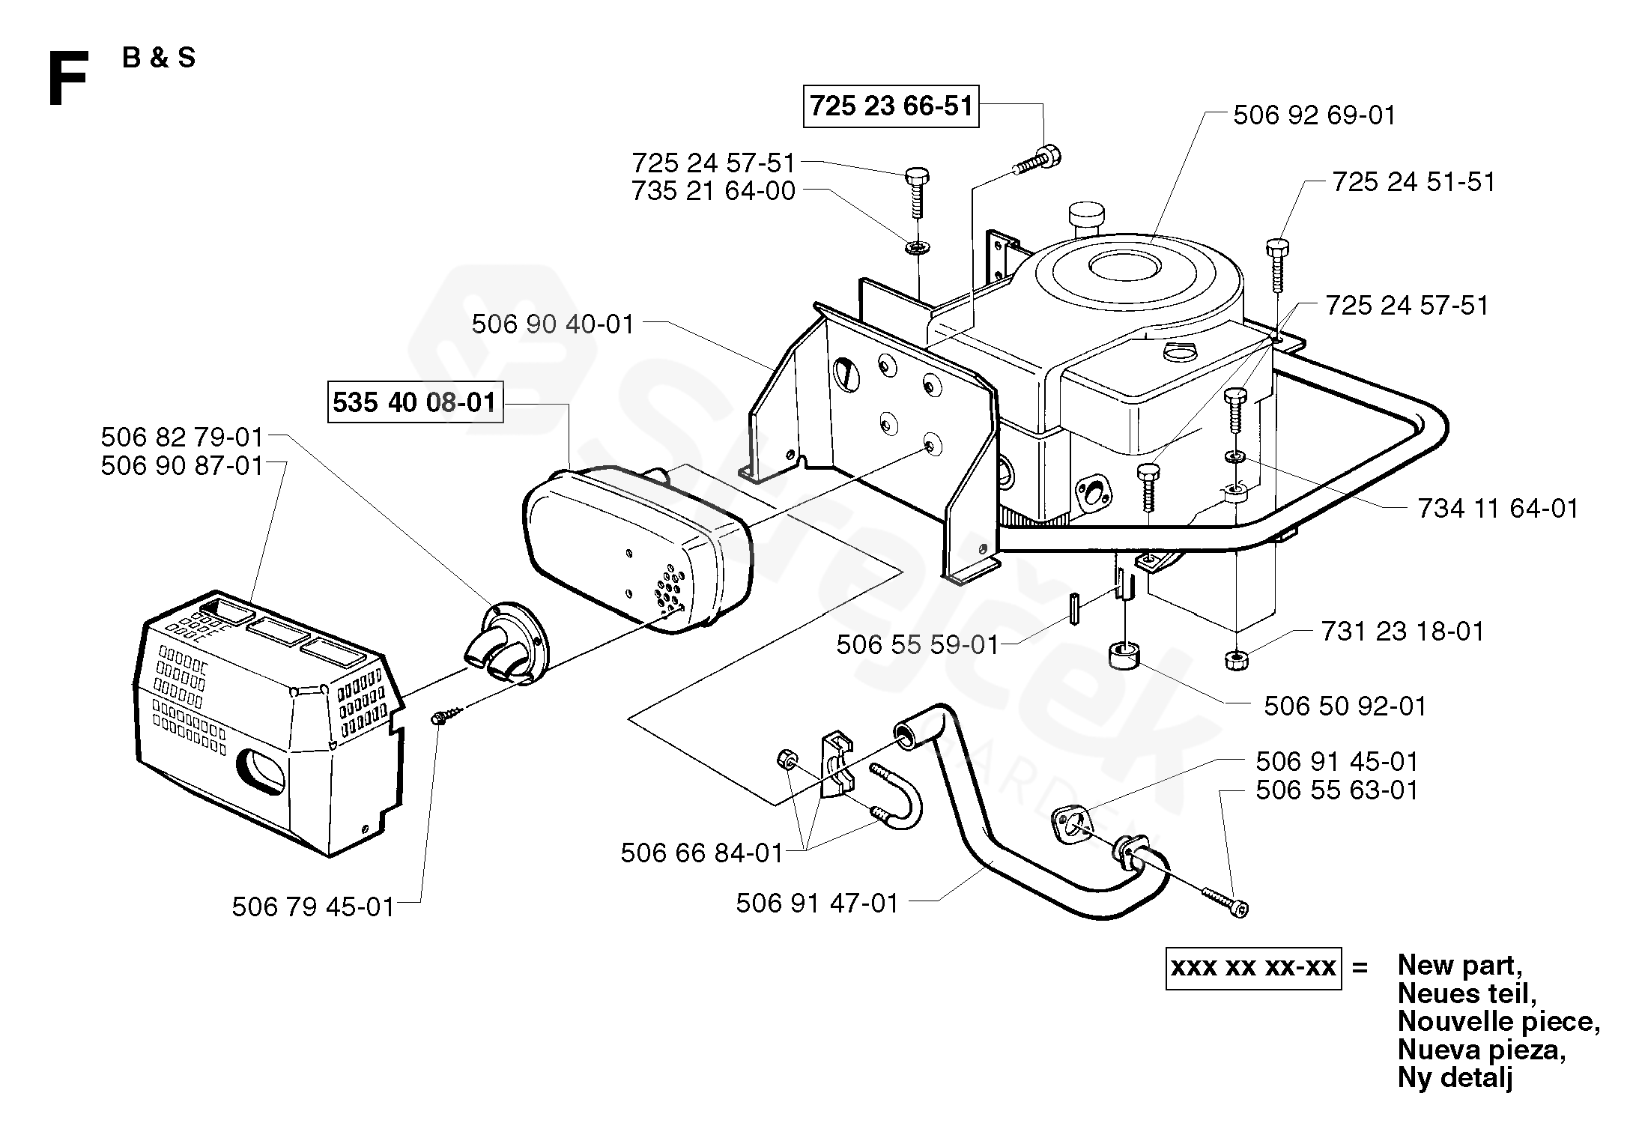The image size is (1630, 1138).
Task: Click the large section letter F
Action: [67, 79]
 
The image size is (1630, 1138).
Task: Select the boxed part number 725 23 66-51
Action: [891, 106]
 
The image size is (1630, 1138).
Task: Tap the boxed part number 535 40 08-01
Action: [415, 402]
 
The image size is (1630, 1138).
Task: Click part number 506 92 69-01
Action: [1315, 115]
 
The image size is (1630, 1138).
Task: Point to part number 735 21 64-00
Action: [713, 191]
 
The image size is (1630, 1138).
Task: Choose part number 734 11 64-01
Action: [1498, 509]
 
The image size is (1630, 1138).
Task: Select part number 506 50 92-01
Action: [1345, 706]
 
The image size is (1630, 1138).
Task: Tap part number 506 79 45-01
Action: [313, 907]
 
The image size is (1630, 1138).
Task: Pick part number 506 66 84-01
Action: [702, 853]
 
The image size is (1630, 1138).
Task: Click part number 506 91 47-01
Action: [817, 903]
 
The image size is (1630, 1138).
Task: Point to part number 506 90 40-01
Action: [553, 324]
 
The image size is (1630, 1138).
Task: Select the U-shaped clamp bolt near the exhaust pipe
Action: [897, 796]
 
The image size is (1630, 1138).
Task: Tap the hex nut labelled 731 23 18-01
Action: [1234, 660]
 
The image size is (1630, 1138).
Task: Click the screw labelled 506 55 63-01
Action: [1225, 901]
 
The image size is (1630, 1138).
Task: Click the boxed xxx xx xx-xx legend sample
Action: [1253, 968]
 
